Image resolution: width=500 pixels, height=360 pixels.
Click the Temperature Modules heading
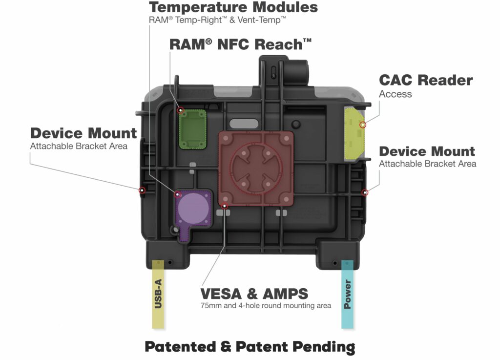(233, 7)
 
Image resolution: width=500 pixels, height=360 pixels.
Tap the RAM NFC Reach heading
(240, 44)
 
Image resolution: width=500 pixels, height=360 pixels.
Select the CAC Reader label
(426, 80)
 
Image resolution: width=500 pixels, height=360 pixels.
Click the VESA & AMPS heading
(254, 294)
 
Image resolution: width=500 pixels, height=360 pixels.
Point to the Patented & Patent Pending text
(250, 347)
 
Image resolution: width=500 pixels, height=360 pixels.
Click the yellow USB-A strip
(158, 294)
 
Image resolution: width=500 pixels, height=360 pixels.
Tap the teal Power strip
(347, 294)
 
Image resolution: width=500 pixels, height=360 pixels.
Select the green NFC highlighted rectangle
(192, 129)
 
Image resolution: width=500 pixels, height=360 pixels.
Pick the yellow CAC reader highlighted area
(354, 134)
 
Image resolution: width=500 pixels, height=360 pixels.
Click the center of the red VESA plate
(256, 169)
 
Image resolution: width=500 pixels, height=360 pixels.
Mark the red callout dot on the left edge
(142, 191)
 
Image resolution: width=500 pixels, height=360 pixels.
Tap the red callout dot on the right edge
(365, 192)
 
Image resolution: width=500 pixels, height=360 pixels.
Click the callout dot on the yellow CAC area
(363, 125)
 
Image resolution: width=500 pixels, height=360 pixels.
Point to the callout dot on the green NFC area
(181, 110)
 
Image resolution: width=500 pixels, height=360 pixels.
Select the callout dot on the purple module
(178, 194)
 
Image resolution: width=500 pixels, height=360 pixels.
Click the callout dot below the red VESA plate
(225, 206)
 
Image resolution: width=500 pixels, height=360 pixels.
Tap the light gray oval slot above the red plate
(244, 124)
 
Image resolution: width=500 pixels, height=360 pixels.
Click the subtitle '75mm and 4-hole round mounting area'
(266, 305)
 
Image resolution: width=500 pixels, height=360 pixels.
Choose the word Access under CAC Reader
(395, 94)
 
